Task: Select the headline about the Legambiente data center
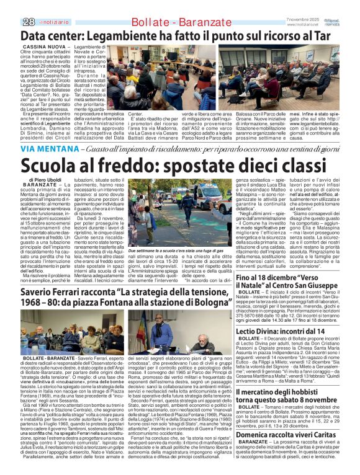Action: [180, 37]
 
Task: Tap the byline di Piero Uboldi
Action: [44, 180]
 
